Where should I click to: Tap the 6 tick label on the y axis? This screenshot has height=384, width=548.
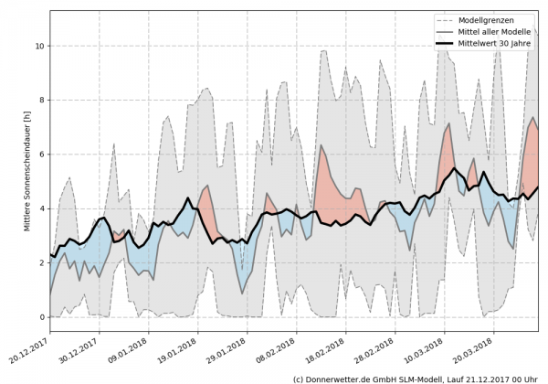click(40, 155)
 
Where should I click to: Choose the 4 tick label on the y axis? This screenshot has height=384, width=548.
click(40, 208)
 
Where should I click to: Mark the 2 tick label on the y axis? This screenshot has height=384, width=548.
click(40, 262)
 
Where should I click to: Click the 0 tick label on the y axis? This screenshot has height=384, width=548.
click(40, 317)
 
